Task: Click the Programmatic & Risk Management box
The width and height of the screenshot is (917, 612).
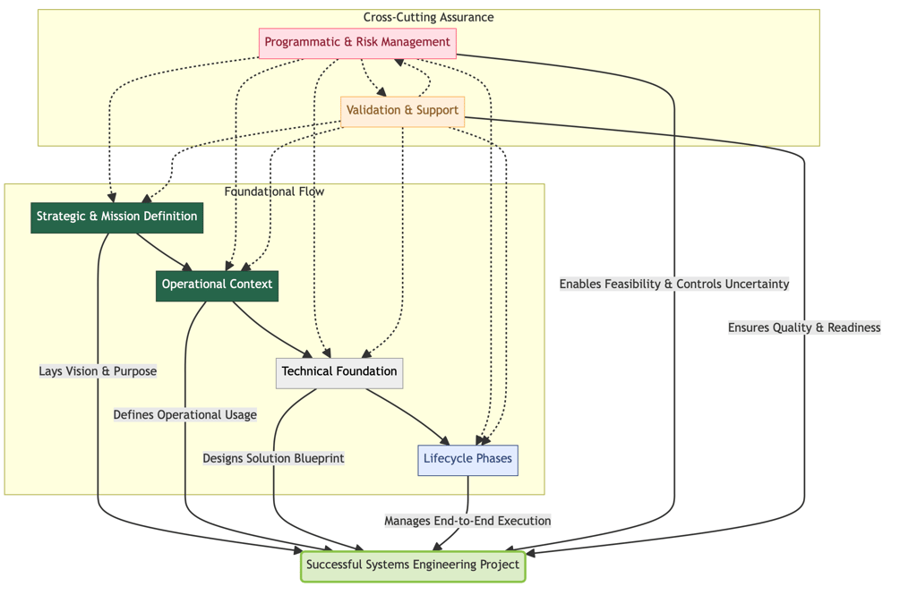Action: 357,43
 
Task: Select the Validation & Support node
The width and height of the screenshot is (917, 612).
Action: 402,111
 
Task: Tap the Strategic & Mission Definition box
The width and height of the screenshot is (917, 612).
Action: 116,217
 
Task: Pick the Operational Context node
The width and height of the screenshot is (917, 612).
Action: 217,285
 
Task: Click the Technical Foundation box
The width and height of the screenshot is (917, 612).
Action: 339,372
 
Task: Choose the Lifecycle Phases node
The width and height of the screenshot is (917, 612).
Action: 467,460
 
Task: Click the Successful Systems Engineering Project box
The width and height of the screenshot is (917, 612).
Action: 412,565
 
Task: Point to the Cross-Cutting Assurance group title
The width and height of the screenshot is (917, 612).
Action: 428,18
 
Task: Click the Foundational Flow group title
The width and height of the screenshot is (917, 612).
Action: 274,192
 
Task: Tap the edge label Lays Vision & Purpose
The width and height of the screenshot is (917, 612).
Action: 98,372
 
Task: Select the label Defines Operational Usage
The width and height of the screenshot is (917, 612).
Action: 185,415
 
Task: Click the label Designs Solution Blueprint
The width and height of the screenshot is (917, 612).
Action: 273,459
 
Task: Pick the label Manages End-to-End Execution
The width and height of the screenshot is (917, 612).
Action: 467,522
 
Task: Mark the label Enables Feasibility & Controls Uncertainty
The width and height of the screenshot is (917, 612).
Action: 674,285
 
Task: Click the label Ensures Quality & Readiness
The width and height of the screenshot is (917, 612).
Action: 804,328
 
